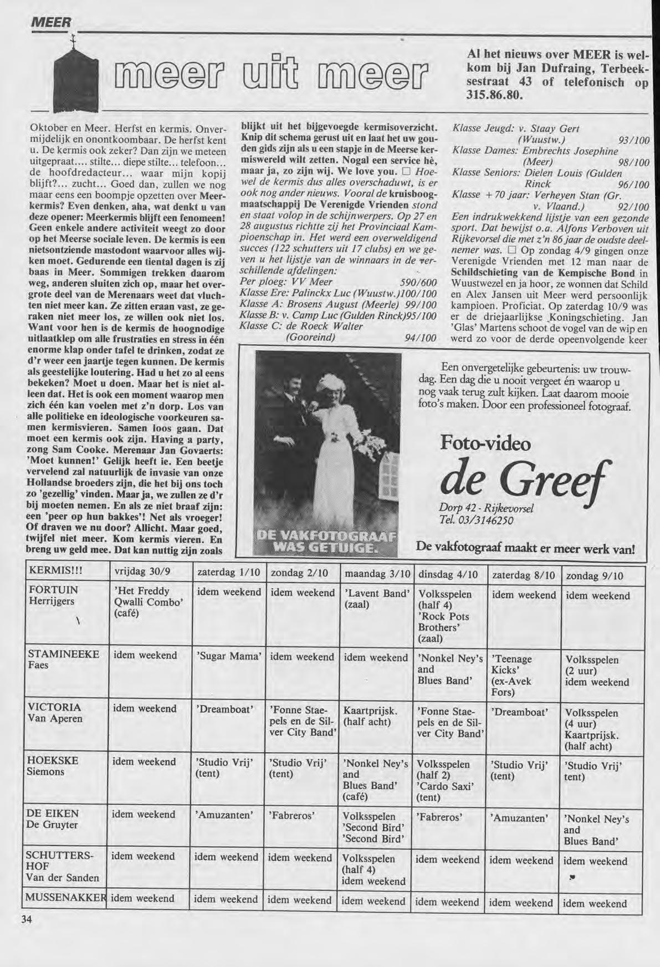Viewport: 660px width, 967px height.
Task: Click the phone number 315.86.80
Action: (494, 94)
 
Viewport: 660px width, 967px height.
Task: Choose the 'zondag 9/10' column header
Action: (595, 576)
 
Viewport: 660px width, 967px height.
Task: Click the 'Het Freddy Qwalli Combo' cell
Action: (147, 602)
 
